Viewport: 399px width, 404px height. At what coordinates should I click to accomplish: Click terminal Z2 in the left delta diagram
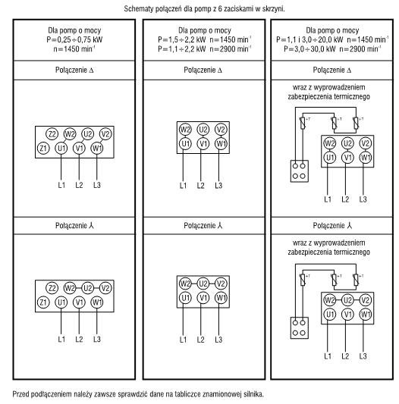[x=52, y=134]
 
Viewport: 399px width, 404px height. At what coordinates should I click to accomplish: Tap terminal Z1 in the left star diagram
[x=43, y=302]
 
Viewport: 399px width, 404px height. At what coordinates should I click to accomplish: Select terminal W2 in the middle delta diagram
[x=185, y=130]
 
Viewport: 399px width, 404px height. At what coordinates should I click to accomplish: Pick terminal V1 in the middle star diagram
[x=203, y=298]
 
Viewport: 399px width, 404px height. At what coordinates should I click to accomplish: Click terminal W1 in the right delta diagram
[x=365, y=158]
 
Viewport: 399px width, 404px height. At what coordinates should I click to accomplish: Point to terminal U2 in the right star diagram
[x=347, y=300]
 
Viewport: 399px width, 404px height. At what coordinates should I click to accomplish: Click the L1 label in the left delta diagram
[x=61, y=185]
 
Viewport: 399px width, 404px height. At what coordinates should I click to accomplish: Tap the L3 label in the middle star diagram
[x=218, y=340]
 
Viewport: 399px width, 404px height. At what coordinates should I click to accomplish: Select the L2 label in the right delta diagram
[x=345, y=199]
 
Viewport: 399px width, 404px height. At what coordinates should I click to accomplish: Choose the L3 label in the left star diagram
[x=97, y=339]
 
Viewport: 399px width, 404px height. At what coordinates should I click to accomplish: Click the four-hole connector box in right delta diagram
[x=300, y=171]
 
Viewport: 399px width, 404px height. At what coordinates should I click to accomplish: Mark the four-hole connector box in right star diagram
[x=300, y=327]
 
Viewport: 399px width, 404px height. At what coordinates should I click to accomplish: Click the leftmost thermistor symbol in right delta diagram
[x=302, y=123]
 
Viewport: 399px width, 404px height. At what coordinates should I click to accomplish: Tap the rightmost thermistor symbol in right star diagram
[x=356, y=280]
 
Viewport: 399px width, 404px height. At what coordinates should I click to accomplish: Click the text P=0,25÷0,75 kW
[x=74, y=39]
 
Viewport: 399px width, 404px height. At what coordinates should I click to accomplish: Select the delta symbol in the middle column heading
[x=220, y=70]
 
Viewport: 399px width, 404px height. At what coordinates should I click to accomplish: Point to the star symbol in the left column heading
[x=91, y=226]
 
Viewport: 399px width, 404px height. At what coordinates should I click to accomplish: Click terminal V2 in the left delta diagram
[x=105, y=134]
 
